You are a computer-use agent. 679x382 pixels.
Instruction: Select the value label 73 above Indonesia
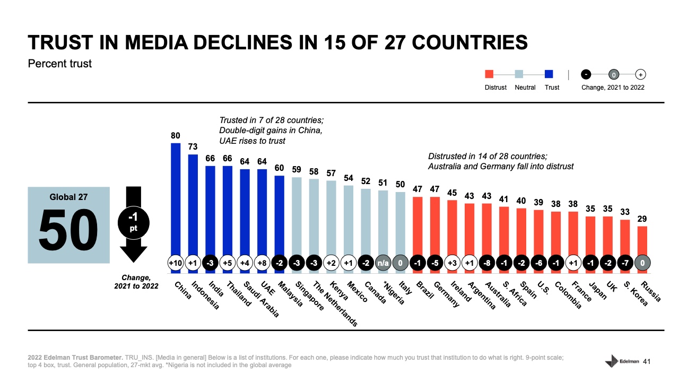tap(193, 147)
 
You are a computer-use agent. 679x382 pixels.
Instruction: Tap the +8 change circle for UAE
tap(262, 263)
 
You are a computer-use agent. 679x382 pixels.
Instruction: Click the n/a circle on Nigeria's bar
tap(383, 263)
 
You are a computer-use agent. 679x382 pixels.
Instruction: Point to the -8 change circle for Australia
tap(486, 263)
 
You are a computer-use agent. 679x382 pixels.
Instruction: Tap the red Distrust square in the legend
tap(489, 75)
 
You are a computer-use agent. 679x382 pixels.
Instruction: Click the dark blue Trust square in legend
tap(549, 75)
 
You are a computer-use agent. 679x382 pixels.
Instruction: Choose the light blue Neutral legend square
tap(519, 75)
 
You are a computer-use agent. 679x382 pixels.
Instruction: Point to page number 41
tap(646, 362)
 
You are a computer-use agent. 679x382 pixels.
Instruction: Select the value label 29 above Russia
tap(642, 219)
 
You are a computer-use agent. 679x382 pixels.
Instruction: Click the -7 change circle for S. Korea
tap(624, 263)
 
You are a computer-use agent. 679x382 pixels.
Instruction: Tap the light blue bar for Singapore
tap(297, 218)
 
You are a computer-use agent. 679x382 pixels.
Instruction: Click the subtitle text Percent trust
tap(59, 64)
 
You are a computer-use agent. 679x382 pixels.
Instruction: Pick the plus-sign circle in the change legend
tap(640, 75)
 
